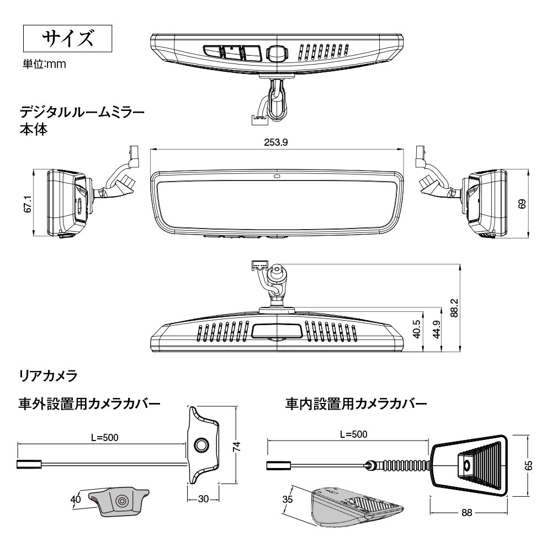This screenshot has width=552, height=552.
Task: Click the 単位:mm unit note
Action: click(44, 65)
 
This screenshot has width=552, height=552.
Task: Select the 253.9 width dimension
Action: click(276, 142)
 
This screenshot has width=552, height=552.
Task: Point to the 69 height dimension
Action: click(522, 203)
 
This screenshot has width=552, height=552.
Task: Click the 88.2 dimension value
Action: click(453, 308)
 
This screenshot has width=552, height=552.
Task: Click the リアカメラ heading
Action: click(48, 378)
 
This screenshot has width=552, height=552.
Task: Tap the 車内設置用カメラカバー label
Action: click(356, 404)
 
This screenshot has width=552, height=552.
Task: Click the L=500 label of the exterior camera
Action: click(105, 438)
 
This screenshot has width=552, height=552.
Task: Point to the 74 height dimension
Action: click(237, 446)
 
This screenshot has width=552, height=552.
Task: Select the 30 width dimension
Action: click(203, 499)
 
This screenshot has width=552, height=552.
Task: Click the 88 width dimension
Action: click(467, 512)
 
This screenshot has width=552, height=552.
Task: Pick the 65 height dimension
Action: click(528, 465)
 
